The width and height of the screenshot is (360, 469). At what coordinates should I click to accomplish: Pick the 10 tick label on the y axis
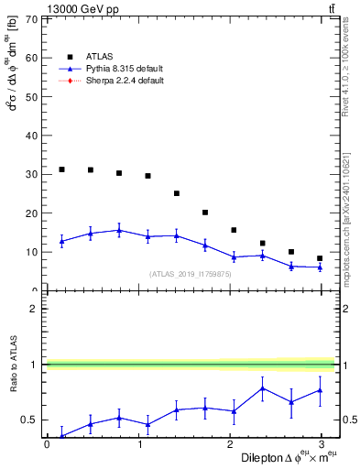coord(31,252)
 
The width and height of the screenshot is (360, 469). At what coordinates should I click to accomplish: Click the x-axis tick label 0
coord(47,445)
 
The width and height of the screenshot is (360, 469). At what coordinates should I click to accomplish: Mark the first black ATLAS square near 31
coord(61,169)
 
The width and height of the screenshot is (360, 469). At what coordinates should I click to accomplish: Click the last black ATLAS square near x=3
coord(320,258)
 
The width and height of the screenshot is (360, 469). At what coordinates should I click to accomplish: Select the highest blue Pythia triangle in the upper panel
coord(119,231)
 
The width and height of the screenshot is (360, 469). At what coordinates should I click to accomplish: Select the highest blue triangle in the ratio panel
coord(263,388)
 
